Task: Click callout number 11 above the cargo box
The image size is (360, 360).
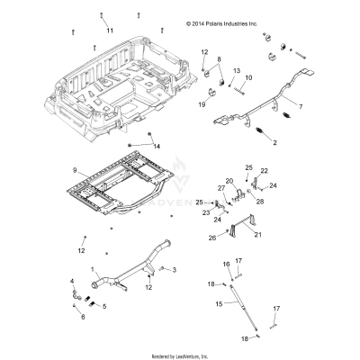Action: (x=110, y=31)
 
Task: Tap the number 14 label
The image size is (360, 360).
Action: (x=157, y=146)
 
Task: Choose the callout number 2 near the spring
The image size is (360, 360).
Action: (x=263, y=142)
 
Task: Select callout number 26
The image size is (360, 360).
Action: (x=213, y=238)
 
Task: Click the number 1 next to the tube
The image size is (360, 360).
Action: (x=92, y=269)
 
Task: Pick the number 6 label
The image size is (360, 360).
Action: (x=83, y=318)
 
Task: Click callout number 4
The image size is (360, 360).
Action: (x=74, y=282)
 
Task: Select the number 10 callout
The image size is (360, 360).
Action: (x=248, y=79)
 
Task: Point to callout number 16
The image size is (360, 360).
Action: (x=227, y=264)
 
